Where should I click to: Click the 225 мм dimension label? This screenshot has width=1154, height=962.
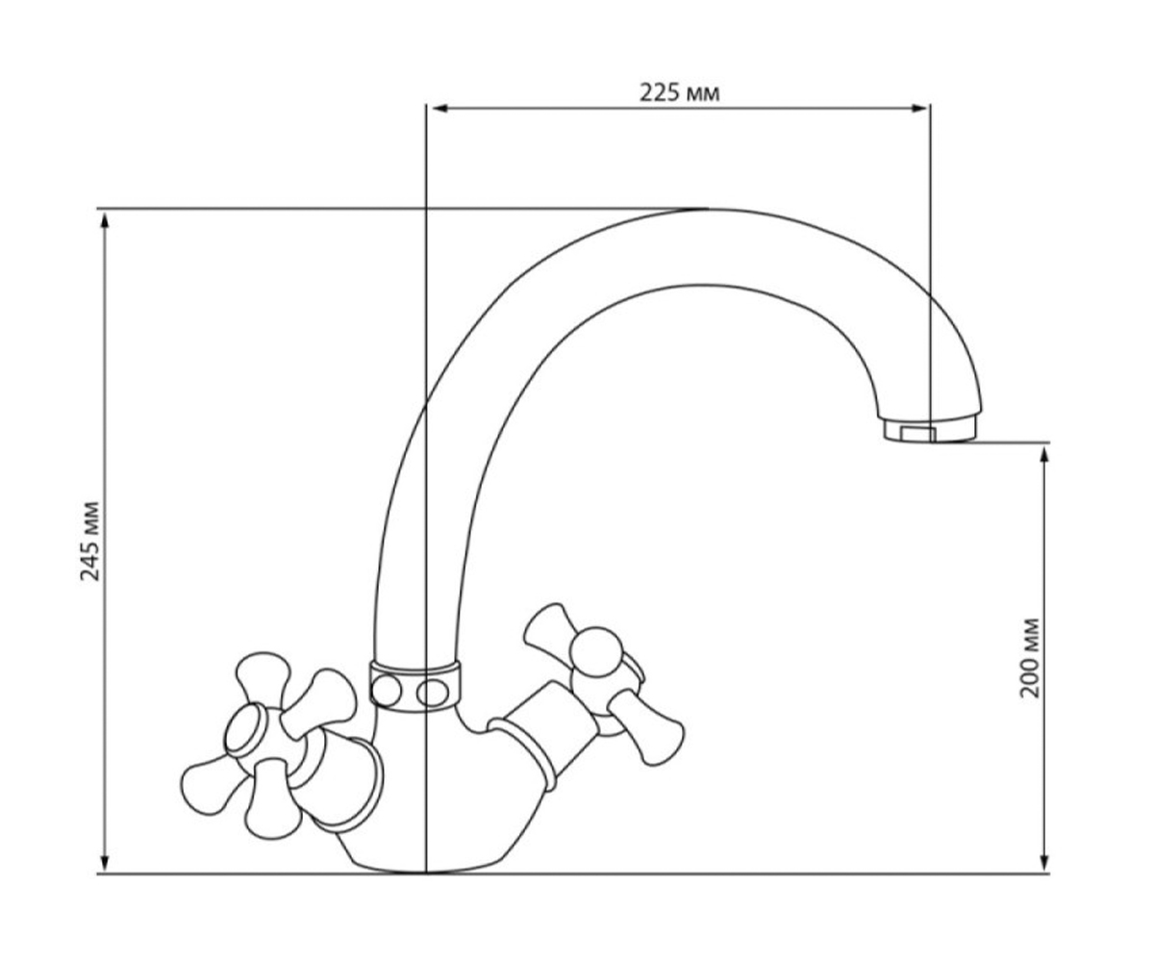(x=679, y=93)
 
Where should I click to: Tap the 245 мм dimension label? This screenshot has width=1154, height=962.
(x=90, y=541)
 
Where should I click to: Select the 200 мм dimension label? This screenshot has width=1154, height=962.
(x=1030, y=658)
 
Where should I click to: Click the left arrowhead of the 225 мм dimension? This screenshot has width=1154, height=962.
(x=439, y=109)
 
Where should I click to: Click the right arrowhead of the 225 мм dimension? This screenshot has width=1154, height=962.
(x=918, y=109)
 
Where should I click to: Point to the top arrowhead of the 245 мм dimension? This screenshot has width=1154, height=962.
(x=105, y=221)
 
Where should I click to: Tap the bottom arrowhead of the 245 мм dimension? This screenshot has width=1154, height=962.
(x=105, y=862)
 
